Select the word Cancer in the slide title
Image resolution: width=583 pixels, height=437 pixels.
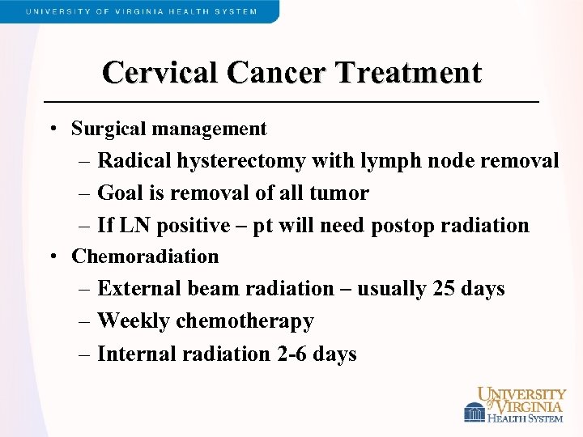[x=279, y=73]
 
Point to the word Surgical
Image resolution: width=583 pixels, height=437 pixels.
[x=108, y=129]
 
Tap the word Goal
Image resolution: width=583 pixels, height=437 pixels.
[x=120, y=193]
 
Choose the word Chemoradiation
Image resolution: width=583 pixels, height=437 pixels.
[x=145, y=257]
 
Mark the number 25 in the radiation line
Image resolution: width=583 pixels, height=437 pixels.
[x=444, y=289]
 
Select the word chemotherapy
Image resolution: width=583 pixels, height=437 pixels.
[x=245, y=322]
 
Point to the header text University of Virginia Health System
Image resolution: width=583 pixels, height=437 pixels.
[x=141, y=11]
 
